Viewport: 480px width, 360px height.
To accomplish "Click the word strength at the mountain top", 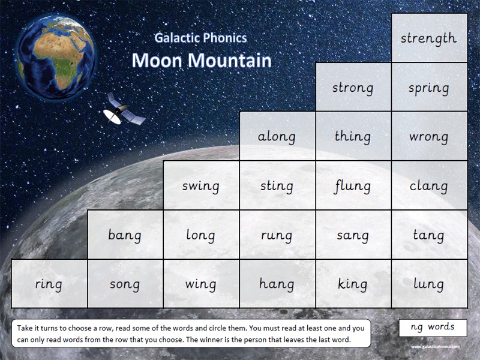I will click(x=428, y=39).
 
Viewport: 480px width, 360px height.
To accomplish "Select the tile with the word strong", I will click(x=353, y=88).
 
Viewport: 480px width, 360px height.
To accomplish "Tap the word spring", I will click(x=428, y=88).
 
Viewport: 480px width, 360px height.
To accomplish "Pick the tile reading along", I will click(x=277, y=137).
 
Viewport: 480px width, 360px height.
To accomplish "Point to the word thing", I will click(x=353, y=137).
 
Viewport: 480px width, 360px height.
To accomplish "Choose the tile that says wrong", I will click(x=428, y=137).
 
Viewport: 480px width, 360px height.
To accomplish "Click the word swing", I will click(x=200, y=186).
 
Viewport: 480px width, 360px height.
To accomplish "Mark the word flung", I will click(x=353, y=186).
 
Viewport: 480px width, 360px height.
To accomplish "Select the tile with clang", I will click(x=428, y=186).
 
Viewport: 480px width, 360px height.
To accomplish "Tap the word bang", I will click(x=125, y=235).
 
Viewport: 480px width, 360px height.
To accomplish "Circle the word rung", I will click(x=277, y=235).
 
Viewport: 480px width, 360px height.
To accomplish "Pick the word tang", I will click(x=428, y=235).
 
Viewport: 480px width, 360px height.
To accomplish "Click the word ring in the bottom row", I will click(x=49, y=284).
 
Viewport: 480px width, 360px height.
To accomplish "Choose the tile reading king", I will click(x=353, y=284).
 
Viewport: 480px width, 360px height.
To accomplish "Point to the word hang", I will click(x=277, y=284).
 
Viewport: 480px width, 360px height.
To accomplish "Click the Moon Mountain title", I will click(x=201, y=60).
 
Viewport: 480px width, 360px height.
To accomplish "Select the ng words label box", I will click(x=432, y=328).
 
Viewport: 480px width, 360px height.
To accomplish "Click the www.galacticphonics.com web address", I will click(x=435, y=347).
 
